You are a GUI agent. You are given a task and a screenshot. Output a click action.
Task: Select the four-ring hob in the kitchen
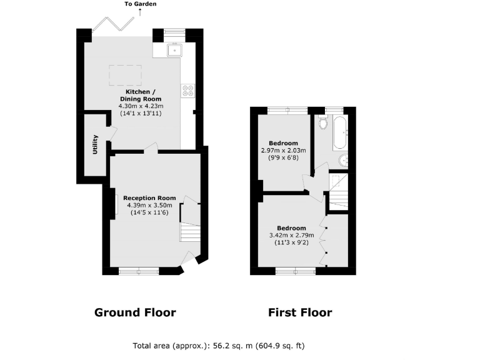pyautogui.click(x=187, y=91)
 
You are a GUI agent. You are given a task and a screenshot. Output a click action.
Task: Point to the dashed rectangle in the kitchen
pyautogui.click(x=124, y=74)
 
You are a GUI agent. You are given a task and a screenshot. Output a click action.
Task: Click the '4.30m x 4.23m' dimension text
pyautogui.click(x=140, y=106)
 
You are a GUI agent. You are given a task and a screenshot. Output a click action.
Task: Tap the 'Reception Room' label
pyautogui.click(x=149, y=198)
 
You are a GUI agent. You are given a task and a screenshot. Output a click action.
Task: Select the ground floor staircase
pyautogui.click(x=190, y=232)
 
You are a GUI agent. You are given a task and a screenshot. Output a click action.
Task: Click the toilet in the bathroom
pyautogui.click(x=322, y=122)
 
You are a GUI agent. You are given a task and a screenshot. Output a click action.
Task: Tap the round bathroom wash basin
pyautogui.click(x=342, y=161)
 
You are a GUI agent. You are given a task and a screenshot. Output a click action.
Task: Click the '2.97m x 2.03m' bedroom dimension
pyautogui.click(x=283, y=150)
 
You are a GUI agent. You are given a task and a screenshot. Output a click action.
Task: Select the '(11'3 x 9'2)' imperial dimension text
pyautogui.click(x=291, y=243)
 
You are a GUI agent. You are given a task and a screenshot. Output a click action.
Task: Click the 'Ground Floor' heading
pyautogui.click(x=135, y=312)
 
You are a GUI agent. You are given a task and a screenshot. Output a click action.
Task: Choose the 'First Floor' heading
pyautogui.click(x=300, y=312)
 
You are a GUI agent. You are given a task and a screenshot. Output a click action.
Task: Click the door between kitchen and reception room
pyautogui.click(x=149, y=148)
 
